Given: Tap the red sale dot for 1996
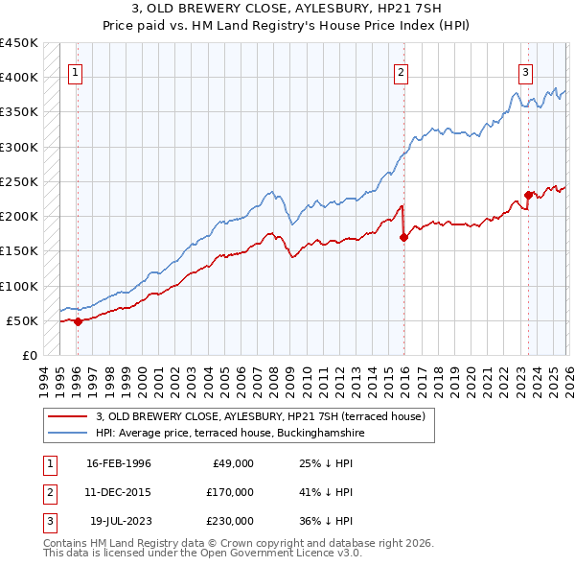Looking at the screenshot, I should click(x=79, y=321).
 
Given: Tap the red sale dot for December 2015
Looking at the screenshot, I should click(x=403, y=238).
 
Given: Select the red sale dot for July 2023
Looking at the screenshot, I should click(x=528, y=195).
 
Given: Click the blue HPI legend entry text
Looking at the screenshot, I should click(x=230, y=433).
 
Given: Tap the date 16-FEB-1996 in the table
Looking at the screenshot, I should click(x=118, y=463).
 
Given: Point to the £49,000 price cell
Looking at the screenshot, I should click(x=231, y=463).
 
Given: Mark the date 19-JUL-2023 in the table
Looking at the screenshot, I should click(x=120, y=521).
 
